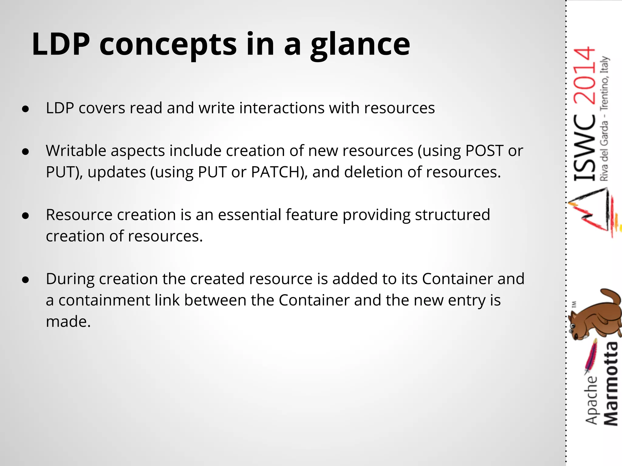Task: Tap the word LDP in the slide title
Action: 61,45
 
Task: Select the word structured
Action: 452,215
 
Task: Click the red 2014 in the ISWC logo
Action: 585,76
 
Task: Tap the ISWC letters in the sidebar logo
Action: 585,149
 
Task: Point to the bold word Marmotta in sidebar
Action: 610,384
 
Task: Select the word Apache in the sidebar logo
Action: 591,400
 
